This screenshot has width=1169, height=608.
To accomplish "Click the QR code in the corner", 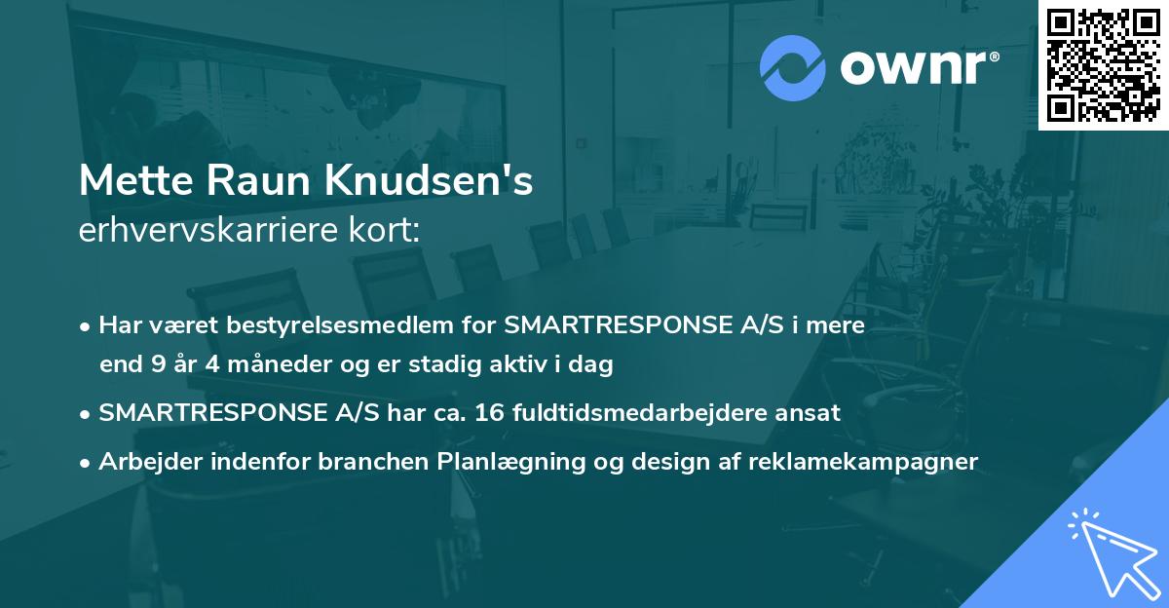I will [1104, 64].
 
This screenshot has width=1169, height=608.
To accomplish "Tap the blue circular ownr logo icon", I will [793, 67].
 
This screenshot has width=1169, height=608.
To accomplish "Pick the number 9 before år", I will [158, 365].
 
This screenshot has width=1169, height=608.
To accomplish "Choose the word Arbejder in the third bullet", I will [144, 461].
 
